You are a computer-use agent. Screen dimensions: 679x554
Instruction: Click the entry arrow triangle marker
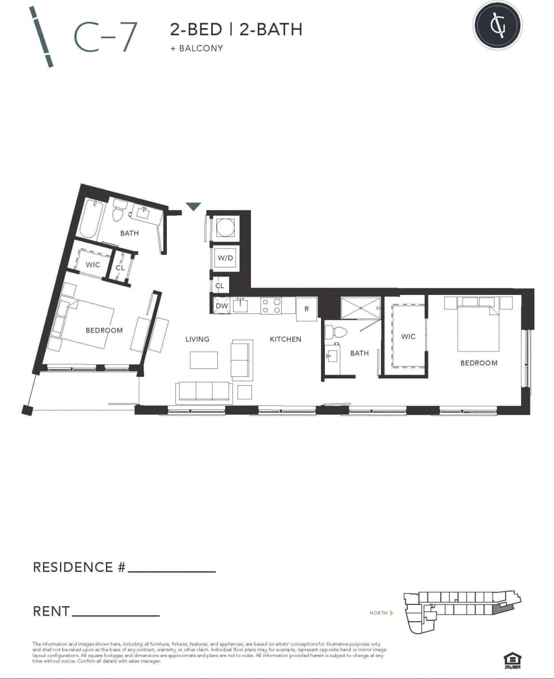193,206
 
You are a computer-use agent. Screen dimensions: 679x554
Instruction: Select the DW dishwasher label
221,306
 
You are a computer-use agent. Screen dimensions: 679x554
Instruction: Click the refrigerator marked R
306,309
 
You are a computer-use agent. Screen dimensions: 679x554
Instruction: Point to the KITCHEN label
285,339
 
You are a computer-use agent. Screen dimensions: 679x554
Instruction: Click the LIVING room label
197,339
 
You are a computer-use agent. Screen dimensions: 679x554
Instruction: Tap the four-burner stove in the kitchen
271,306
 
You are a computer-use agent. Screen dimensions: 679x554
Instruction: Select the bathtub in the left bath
90,219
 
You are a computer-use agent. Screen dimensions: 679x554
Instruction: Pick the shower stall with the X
360,308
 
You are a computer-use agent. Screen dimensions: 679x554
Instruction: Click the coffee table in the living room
203,359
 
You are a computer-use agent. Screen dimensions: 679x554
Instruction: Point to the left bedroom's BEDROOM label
104,330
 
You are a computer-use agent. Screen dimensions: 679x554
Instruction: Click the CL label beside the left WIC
120,268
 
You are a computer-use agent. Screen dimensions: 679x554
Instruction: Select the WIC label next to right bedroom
408,336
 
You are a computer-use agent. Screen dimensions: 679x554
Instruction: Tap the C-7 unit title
105,36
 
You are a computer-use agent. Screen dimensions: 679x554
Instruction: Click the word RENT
52,611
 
